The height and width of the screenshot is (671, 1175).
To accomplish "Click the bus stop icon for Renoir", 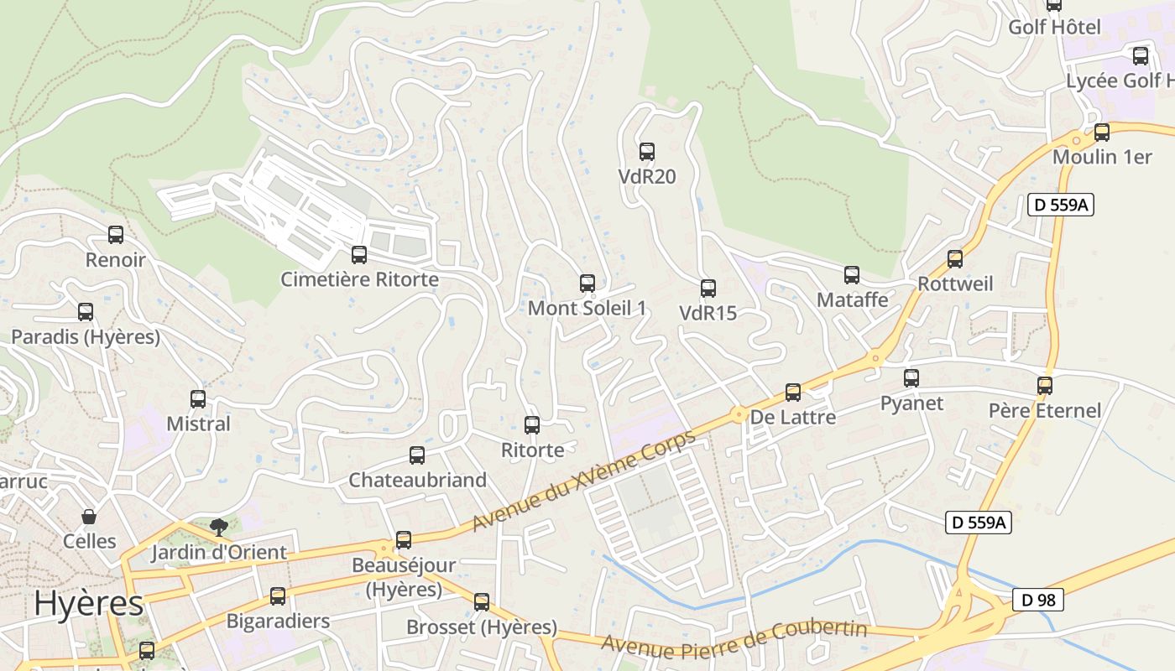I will (116, 235).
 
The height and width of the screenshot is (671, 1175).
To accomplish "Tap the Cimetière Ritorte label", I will (359, 279).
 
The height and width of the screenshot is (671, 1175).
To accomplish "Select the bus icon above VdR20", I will (647, 152).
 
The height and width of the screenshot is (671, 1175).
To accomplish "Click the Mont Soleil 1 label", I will (587, 308).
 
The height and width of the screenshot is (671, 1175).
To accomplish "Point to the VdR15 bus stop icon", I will (708, 289).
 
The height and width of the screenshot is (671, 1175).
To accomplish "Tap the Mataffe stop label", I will (852, 299).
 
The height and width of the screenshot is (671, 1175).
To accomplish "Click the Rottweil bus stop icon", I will (955, 259).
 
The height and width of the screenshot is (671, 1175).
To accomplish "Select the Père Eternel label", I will (1044, 410).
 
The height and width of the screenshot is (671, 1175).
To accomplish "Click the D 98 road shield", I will (1038, 600).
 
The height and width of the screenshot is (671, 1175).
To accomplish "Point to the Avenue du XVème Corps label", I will (584, 481).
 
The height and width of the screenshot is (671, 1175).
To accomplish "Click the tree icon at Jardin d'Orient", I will (219, 528).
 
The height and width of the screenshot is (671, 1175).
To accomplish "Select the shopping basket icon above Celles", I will (89, 517).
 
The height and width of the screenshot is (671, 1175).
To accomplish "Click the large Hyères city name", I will (89, 603).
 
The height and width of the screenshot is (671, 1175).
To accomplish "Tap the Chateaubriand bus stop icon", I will (417, 455).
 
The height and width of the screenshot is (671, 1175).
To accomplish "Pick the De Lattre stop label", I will (792, 417).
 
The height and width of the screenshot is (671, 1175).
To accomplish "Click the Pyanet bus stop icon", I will (911, 378).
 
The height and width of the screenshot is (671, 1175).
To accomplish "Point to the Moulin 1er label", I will (1101, 157).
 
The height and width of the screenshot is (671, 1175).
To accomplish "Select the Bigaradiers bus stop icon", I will (278, 597).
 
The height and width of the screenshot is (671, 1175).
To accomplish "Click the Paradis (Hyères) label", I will (86, 337).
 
